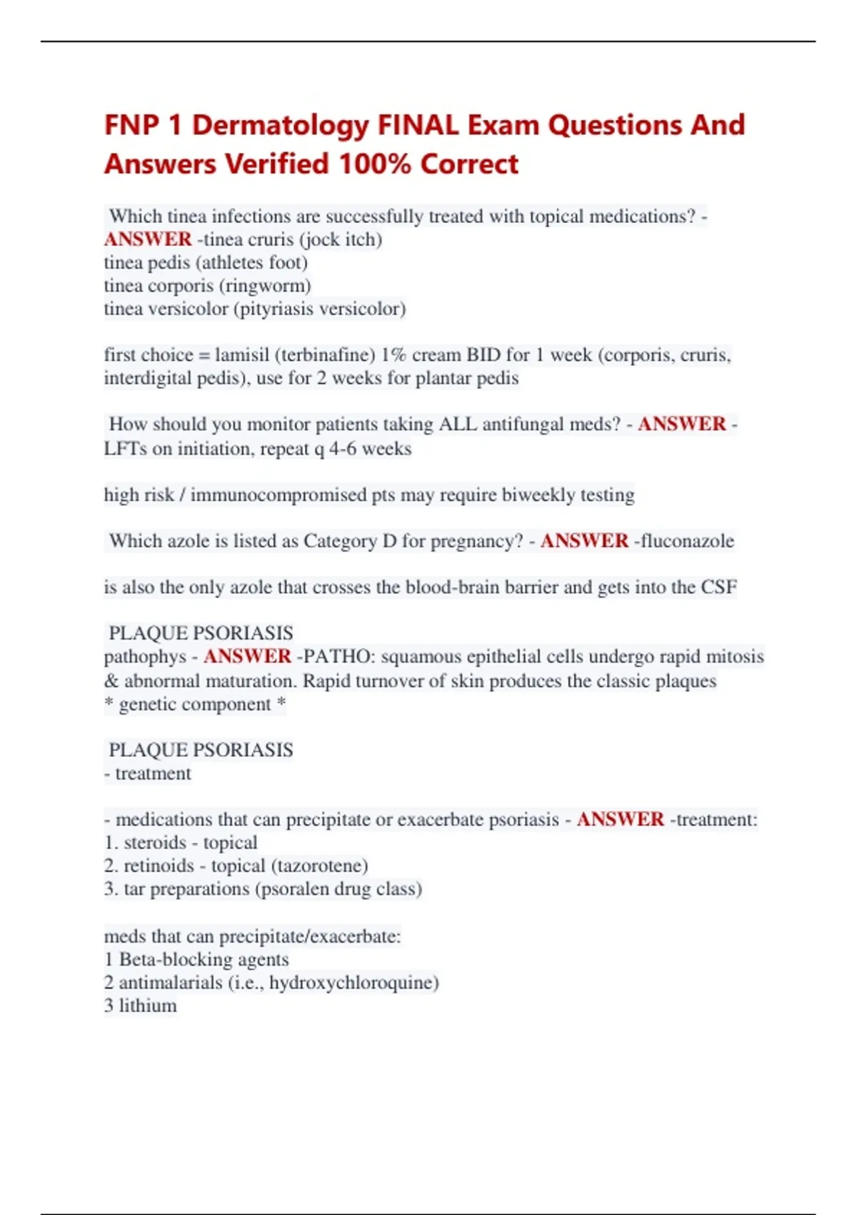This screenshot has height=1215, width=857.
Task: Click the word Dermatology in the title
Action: pyautogui.click(x=281, y=126)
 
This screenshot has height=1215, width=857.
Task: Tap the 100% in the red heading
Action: pyautogui.click(x=375, y=164)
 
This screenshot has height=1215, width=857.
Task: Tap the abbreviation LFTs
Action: pyautogui.click(x=126, y=449)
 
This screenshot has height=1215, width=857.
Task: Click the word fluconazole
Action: pyautogui.click(x=687, y=541)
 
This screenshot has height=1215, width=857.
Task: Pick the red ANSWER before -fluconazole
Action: pyautogui.click(x=584, y=541)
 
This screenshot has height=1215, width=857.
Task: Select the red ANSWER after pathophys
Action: pyautogui.click(x=247, y=657)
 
